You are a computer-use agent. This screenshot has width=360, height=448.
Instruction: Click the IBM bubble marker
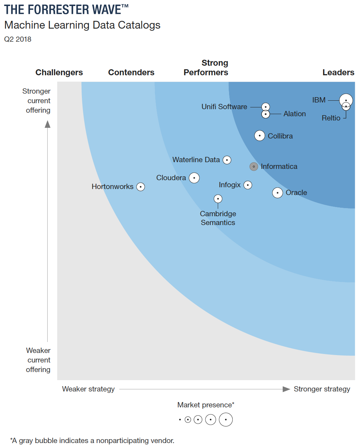[x=346, y=100]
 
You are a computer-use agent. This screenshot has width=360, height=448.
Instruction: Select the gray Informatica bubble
[x=254, y=166]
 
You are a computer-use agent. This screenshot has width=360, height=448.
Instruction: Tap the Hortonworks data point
[x=140, y=187]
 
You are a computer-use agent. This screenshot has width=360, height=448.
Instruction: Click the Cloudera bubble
[x=194, y=178]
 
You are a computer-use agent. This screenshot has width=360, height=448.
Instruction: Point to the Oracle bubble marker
[x=277, y=193]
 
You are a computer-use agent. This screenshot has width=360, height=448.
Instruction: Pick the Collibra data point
[x=260, y=136]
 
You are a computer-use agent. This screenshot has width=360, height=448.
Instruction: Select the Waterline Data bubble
[x=227, y=160]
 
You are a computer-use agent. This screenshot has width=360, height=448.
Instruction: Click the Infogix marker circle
[x=248, y=185]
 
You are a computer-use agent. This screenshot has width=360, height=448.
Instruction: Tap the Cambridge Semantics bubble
[x=218, y=199]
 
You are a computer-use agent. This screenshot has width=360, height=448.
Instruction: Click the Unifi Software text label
[x=224, y=107]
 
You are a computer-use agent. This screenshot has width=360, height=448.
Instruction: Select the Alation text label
[x=294, y=114]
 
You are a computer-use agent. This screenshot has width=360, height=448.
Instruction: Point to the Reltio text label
[x=331, y=118]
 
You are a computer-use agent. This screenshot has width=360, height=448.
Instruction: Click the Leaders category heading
[x=338, y=72]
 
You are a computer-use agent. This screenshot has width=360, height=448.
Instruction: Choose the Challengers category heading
[x=59, y=72]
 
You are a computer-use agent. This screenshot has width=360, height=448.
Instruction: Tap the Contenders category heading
[x=131, y=72]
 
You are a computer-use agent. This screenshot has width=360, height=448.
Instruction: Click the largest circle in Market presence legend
[x=226, y=420]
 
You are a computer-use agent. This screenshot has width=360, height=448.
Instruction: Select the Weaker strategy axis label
[x=88, y=389]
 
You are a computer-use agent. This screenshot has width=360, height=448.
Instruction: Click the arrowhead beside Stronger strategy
[x=286, y=389]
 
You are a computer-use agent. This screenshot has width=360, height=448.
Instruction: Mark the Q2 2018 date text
[x=18, y=39]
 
